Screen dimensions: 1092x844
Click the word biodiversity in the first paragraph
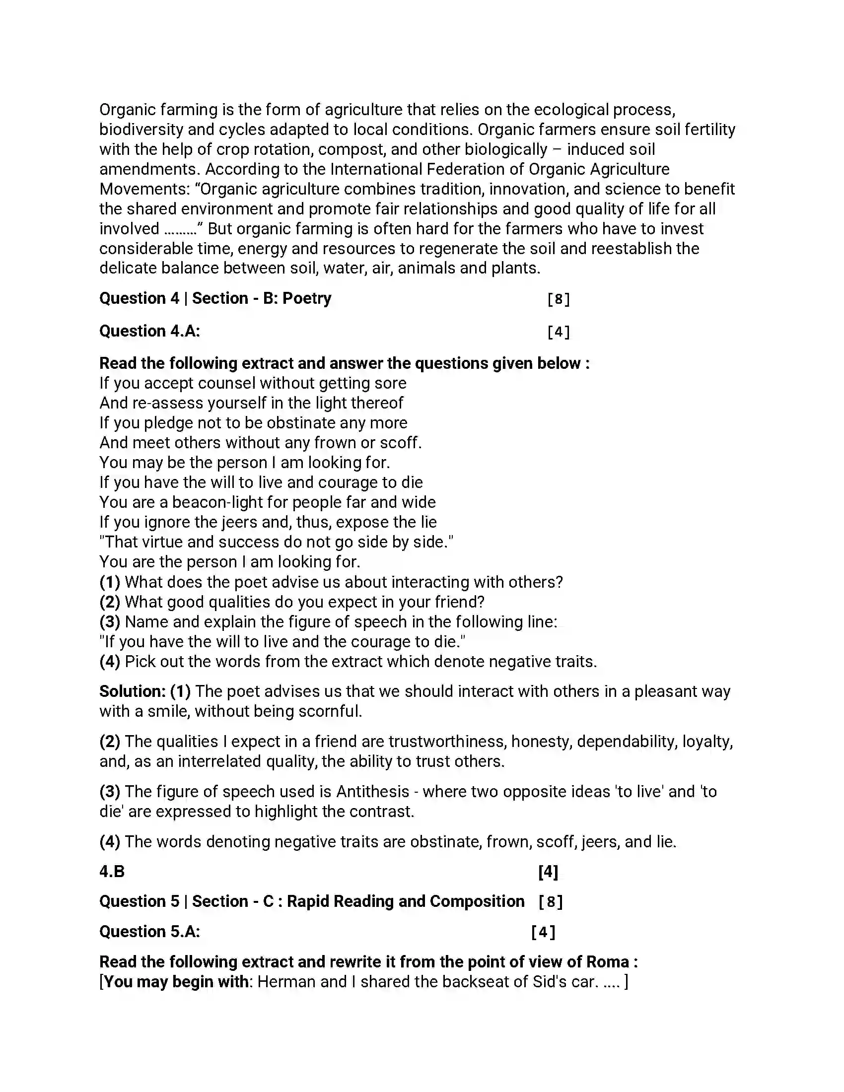(141, 130)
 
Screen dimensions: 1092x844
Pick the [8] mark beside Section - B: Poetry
(558, 299)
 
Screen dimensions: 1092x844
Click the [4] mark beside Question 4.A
(558, 332)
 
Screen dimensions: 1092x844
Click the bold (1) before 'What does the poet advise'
(110, 582)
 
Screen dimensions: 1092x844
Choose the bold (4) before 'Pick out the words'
(110, 662)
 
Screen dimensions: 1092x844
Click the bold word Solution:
(133, 691)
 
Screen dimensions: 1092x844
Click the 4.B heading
(112, 872)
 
